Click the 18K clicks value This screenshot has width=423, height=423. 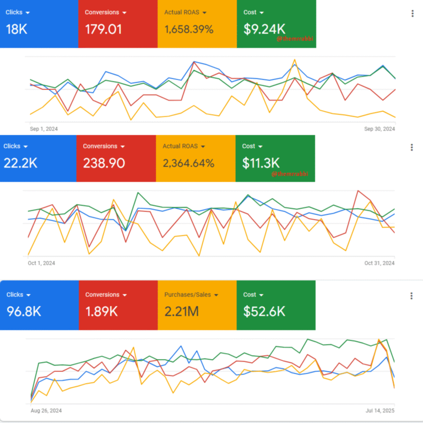(x=17, y=29)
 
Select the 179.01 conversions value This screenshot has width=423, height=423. (x=104, y=29)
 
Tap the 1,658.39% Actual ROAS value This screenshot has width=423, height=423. (x=189, y=29)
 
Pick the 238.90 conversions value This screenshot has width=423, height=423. (x=104, y=163)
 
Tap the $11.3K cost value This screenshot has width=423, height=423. (x=261, y=163)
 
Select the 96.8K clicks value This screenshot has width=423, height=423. (x=24, y=311)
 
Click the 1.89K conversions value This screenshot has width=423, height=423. (x=101, y=311)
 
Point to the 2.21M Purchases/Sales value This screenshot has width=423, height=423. (x=182, y=311)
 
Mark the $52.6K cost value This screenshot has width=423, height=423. (x=264, y=311)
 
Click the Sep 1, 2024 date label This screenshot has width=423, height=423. (x=44, y=129)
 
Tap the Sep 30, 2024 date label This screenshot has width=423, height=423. (x=379, y=129)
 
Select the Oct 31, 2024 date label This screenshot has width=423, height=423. (x=379, y=263)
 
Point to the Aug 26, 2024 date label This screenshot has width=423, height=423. (x=46, y=410)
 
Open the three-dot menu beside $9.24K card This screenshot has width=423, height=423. (x=413, y=13)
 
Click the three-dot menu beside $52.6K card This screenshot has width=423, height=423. (x=411, y=296)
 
